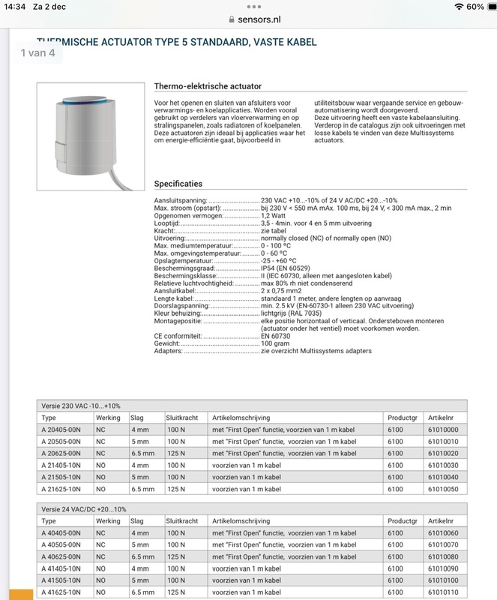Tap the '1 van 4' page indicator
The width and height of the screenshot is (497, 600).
(37, 53)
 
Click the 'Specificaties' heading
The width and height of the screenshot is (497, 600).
(178, 184)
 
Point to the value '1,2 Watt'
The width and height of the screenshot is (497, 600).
(273, 216)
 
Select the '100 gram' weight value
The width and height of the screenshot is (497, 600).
(275, 344)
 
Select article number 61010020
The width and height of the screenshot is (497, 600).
(442, 454)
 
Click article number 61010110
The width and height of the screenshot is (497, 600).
(442, 592)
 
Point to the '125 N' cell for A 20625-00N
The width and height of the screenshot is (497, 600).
(175, 454)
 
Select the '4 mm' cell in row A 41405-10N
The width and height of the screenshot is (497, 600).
(140, 568)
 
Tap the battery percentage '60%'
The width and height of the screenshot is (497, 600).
(475, 7)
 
